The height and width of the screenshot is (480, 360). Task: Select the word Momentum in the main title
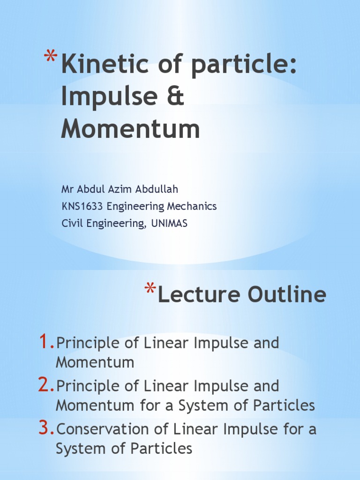tap(130, 129)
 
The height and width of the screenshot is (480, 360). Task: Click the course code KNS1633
tap(82, 206)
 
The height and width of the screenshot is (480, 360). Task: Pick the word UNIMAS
tap(169, 223)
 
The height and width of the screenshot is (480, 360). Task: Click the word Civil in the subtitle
tap(72, 223)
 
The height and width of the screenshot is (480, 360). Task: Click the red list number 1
tap(46, 343)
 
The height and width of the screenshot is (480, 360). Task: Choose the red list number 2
tap(46, 386)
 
